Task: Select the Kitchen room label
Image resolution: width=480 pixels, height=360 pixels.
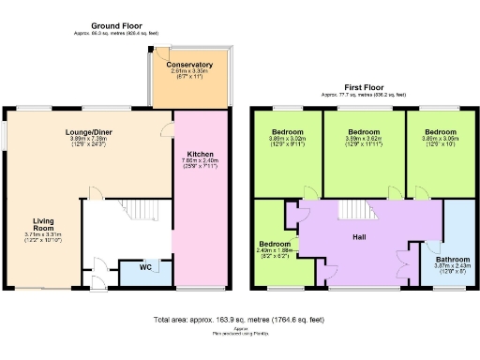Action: (x=200, y=154)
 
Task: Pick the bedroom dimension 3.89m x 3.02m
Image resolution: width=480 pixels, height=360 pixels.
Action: (x=287, y=140)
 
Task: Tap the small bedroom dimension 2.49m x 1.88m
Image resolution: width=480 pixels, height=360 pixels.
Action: (x=276, y=250)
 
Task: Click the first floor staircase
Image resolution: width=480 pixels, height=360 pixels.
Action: (x=352, y=210)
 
